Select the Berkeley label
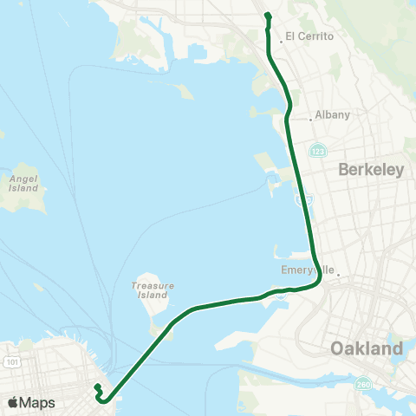click(372, 170)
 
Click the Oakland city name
click(367, 348)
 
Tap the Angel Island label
click(23, 183)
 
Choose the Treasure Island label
click(153, 289)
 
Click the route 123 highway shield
click(318, 150)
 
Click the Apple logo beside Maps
click(13, 402)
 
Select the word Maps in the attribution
click(38, 402)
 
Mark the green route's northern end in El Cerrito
click(268, 15)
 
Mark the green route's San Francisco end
click(98, 387)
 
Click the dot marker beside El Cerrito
click(281, 39)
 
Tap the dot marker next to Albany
click(310, 119)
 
